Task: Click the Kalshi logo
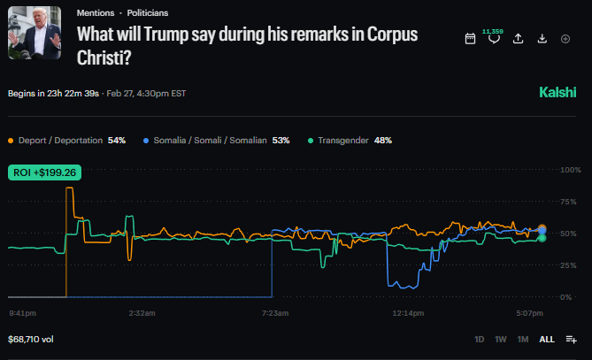point(558,92)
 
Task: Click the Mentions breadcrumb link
point(96,13)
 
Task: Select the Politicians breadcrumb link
point(147,13)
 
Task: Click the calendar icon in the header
point(471,39)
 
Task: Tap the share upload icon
point(519,39)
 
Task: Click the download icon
point(542,39)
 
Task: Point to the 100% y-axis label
point(571,170)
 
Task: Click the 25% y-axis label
point(571,265)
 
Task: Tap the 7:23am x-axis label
point(275,312)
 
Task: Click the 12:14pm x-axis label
point(408,312)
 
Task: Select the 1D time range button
point(480,339)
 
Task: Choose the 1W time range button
point(501,339)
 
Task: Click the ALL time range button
point(547,339)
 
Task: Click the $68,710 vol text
point(31,339)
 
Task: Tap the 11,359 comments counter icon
point(494,39)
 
